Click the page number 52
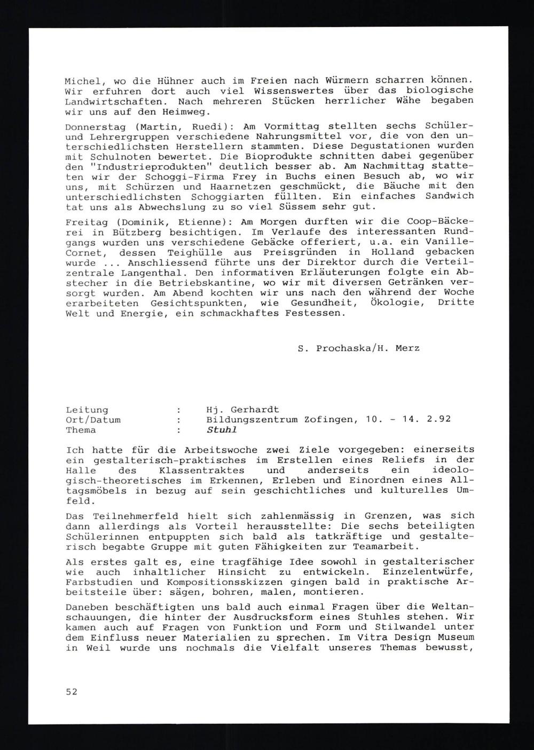[x=72, y=692]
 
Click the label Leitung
[x=87, y=410]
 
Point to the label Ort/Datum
[x=93, y=420]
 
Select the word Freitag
[x=84, y=221]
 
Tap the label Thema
[x=81, y=430]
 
